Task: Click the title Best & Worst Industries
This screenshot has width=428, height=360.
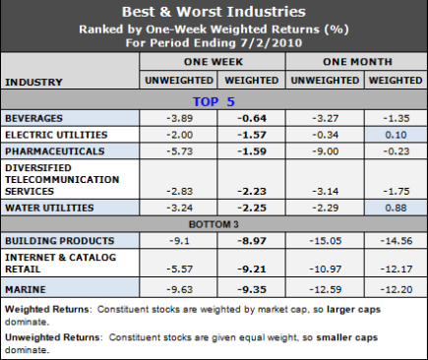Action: tap(214, 13)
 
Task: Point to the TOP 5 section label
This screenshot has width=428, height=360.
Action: tap(214, 99)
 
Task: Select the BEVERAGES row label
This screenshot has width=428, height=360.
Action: tap(35, 116)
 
